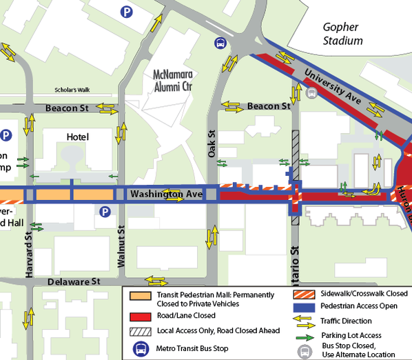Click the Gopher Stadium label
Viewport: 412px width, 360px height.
343,34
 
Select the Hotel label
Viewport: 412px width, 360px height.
78,137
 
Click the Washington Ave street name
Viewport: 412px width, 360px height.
165,195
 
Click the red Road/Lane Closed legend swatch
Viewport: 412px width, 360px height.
138,317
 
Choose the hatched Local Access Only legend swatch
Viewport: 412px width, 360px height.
138,331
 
